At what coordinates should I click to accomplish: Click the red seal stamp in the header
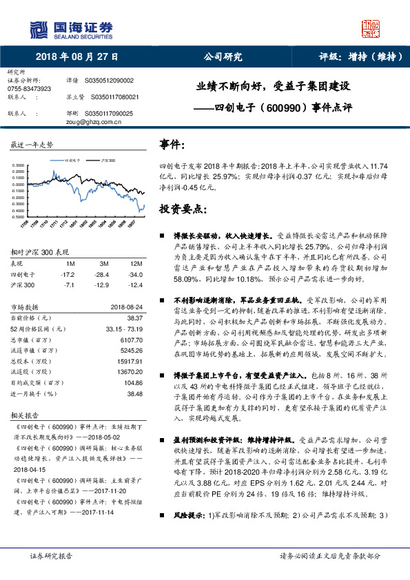[371, 28]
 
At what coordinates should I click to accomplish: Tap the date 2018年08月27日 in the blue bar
[76, 56]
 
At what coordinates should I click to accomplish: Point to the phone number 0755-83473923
[29, 89]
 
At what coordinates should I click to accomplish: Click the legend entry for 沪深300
[106, 159]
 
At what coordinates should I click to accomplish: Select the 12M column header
[136, 265]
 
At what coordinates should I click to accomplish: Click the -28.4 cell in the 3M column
[105, 274]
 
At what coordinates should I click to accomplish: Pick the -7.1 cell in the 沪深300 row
[69, 284]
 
